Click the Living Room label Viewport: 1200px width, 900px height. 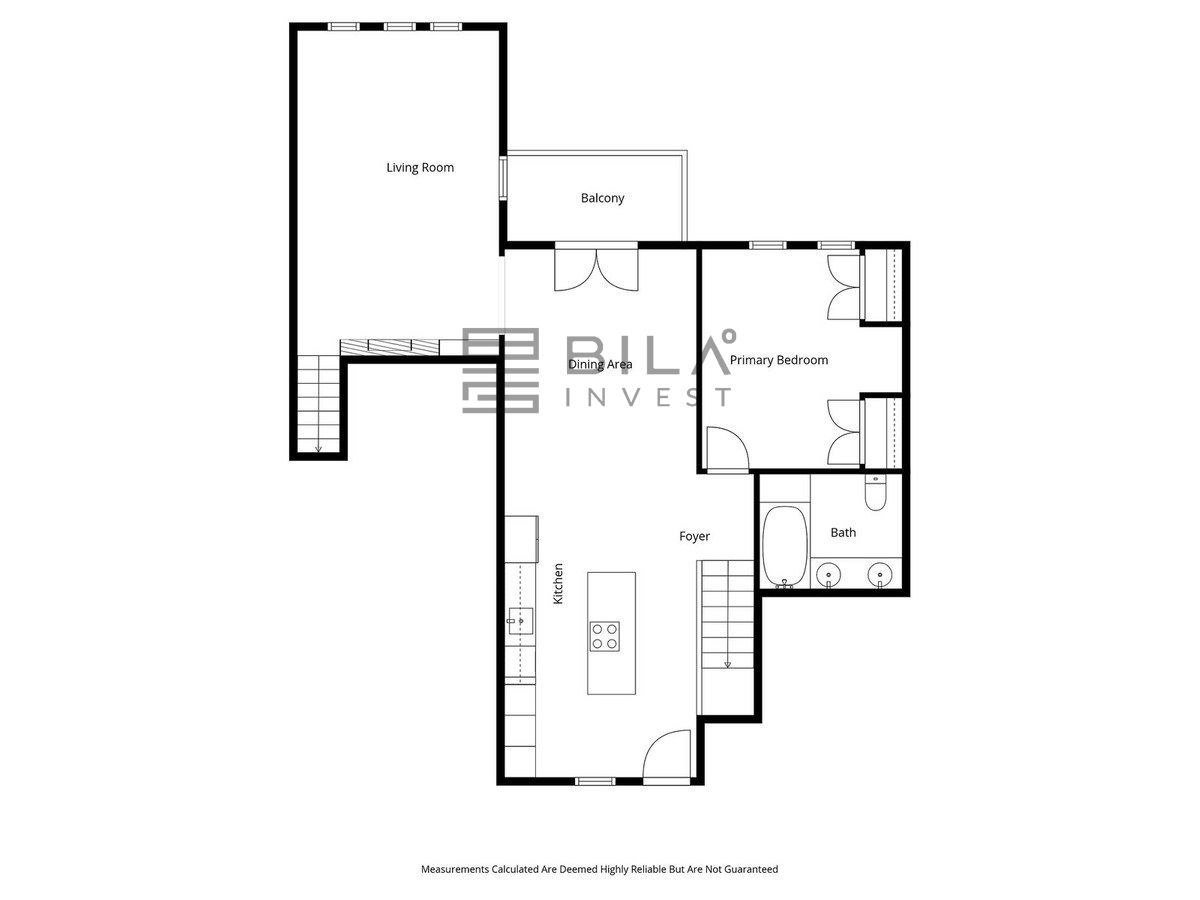pyautogui.click(x=420, y=168)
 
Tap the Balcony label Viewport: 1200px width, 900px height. pyautogui.click(x=602, y=198)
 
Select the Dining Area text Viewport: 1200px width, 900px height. pyautogui.click(x=600, y=364)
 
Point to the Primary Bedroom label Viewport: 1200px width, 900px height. pyautogui.click(x=778, y=360)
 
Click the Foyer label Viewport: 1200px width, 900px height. pyautogui.click(x=694, y=536)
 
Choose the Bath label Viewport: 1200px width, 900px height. pyautogui.click(x=843, y=532)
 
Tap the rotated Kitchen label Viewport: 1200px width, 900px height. pyautogui.click(x=558, y=584)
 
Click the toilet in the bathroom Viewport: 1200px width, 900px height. pyautogui.click(x=875, y=492)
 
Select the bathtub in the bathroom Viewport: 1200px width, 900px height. pyautogui.click(x=785, y=546)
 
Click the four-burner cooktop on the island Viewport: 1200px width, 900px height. pyautogui.click(x=605, y=637)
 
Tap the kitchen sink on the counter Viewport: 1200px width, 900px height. pyautogui.click(x=520, y=621)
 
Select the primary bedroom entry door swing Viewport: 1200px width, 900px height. pyautogui.click(x=728, y=449)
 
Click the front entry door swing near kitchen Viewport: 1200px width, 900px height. pyautogui.click(x=667, y=756)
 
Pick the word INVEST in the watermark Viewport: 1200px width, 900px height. pyautogui.click(x=648, y=397)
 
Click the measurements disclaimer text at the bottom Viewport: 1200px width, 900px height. pyautogui.click(x=599, y=869)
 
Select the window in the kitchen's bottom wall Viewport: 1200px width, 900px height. pyautogui.click(x=596, y=781)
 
